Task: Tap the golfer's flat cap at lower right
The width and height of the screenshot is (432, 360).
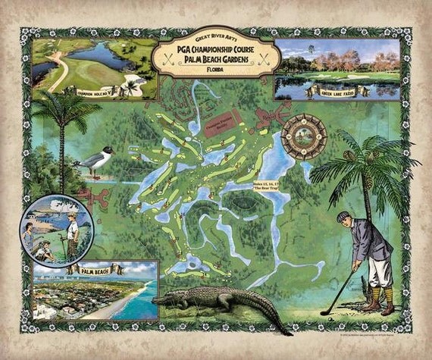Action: point(345,218)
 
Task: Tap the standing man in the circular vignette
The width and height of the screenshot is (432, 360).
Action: point(72,231)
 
